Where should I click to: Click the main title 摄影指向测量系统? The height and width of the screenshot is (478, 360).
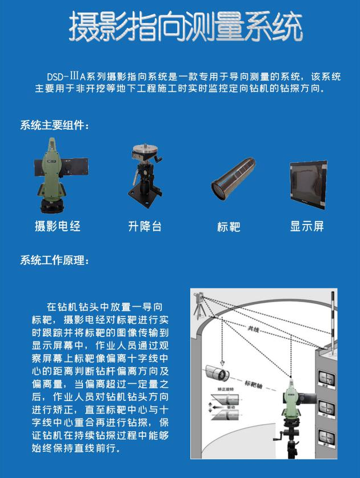(185, 26)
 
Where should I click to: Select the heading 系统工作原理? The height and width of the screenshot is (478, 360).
(55, 260)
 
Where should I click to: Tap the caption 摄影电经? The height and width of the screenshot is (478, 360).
(58, 227)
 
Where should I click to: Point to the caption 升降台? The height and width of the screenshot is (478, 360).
(145, 227)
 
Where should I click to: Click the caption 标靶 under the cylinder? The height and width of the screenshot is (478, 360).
(229, 227)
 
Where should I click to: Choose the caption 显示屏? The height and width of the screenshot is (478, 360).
(307, 227)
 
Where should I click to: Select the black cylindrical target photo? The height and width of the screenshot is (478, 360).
(231, 180)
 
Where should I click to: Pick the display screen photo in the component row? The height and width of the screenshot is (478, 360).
(307, 184)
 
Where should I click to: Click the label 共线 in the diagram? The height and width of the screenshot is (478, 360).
(254, 330)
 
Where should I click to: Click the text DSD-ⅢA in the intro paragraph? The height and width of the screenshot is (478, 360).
(67, 77)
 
